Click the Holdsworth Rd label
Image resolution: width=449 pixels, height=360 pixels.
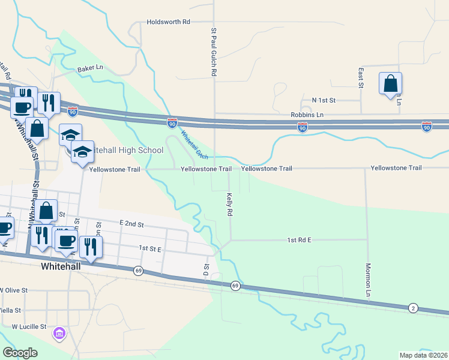(x=168, y=22)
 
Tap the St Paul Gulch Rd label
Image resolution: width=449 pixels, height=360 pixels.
(x=213, y=51)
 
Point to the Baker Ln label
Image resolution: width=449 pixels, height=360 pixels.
(x=90, y=68)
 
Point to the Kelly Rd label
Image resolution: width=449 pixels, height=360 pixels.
(x=229, y=204)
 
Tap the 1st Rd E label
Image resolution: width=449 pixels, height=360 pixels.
(x=299, y=240)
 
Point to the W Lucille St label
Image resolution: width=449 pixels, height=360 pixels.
(x=29, y=327)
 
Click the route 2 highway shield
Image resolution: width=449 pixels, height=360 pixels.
(x=413, y=308)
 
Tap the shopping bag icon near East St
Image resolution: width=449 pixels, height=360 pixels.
(x=390, y=83)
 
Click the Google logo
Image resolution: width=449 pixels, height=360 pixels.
(x=20, y=352)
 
